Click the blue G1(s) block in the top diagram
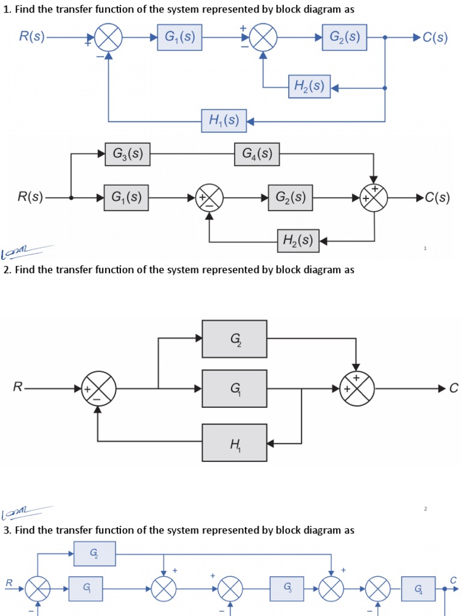click(179, 37)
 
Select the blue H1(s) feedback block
click(224, 121)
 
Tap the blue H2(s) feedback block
click(309, 87)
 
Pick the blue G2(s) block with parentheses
click(345, 37)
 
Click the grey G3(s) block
click(128, 154)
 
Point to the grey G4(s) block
click(257, 154)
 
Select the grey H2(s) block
click(298, 241)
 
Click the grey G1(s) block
click(126, 197)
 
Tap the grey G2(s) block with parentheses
click(291, 197)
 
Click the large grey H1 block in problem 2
click(235, 443)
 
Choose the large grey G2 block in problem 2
click(235, 339)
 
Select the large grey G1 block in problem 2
click(235, 389)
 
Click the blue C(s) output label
click(435, 37)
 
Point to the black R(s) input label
click(30, 197)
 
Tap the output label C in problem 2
click(454, 389)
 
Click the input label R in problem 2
click(17, 389)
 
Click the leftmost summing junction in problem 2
click(99, 389)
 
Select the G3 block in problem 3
click(286, 588)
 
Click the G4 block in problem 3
click(418, 588)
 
